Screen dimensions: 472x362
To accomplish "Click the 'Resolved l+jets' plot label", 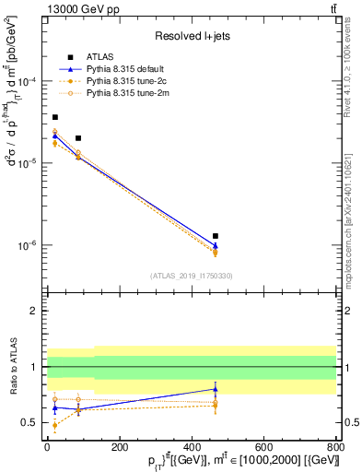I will [x=192, y=36].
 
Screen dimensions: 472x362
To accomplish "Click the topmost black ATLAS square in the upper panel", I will [x=55, y=117].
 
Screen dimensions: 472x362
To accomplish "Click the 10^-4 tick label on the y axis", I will [x=28, y=81].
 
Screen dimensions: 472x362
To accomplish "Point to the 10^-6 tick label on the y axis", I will [x=28, y=246].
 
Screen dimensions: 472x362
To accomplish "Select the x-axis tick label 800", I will [x=336, y=447].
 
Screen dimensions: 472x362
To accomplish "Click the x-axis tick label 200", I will [x=119, y=447].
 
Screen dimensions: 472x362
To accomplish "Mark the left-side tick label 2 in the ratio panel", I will [x=35, y=312].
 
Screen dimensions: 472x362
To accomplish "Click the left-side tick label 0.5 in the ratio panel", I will [x=31, y=423].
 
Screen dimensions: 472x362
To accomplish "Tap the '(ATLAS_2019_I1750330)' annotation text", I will [x=192, y=276].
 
